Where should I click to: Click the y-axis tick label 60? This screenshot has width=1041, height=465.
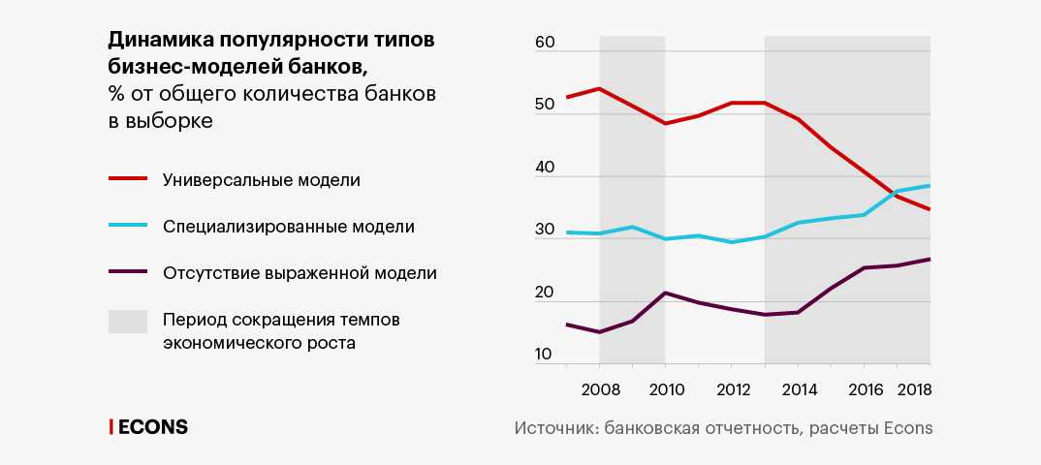[544, 44]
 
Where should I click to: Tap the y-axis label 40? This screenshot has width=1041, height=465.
[544, 168]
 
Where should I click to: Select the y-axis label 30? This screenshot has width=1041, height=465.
[544, 231]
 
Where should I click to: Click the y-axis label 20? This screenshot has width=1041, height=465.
[544, 293]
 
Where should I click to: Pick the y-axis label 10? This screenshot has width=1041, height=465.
[544, 355]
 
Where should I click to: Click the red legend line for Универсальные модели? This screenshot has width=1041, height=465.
[127, 180]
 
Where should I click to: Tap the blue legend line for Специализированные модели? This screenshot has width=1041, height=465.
[127, 227]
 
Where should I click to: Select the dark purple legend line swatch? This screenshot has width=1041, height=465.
[127, 273]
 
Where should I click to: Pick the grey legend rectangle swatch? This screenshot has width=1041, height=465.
[127, 321]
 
